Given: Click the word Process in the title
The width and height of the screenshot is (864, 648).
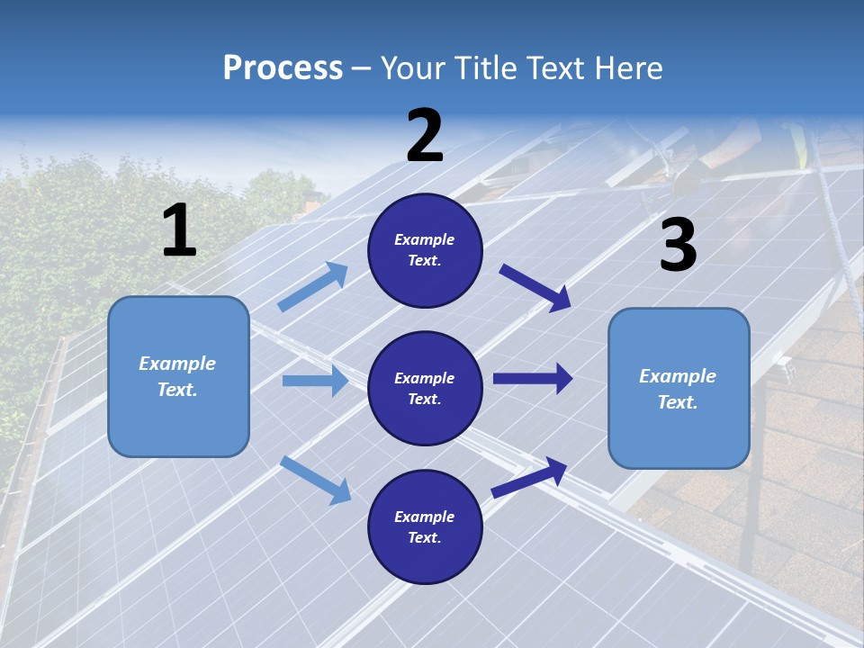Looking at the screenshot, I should click(283, 68).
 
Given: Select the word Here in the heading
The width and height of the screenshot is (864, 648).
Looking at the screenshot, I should click(626, 68).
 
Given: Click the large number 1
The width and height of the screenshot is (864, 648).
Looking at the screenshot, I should click(179, 230).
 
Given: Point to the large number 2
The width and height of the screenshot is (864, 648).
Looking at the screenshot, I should click(425, 136).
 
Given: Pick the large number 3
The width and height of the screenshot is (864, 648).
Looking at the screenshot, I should click(678, 245).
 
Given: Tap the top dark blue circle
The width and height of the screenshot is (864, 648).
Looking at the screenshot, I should click(426, 250).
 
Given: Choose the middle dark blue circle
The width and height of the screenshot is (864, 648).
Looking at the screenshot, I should click(426, 388).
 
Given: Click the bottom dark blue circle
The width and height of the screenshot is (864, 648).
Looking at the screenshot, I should click(426, 526).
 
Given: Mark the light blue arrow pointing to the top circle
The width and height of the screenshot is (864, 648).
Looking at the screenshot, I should click(312, 287).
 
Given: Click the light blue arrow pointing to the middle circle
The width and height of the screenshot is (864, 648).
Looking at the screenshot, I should click(315, 381).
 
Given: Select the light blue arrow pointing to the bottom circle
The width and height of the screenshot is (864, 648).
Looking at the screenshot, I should click(315, 480).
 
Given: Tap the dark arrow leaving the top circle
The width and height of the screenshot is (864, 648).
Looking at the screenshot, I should click(535, 287).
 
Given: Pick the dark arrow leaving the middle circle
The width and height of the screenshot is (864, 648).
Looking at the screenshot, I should click(533, 379).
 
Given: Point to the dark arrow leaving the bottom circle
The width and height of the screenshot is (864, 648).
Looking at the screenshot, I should click(529, 477).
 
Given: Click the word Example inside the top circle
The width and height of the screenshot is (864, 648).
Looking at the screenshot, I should click(425, 239).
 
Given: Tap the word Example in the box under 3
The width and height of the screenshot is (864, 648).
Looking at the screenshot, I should click(678, 376).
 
